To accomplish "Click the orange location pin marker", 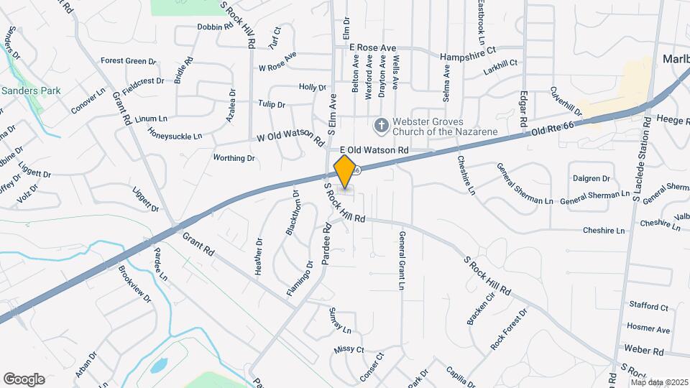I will tap(345, 171).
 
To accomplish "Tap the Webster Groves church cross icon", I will tap(382, 126).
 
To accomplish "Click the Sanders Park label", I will tap(31, 91).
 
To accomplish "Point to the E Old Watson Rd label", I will tap(374, 149).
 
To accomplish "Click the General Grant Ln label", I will tap(400, 260).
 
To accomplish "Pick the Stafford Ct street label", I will tap(648, 306).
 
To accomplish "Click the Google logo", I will tap(24, 379).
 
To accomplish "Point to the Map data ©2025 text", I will tap(659, 382).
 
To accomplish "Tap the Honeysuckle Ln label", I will tap(175, 133).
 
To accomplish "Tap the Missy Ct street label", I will tap(349, 350).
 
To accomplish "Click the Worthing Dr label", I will tap(234, 157).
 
